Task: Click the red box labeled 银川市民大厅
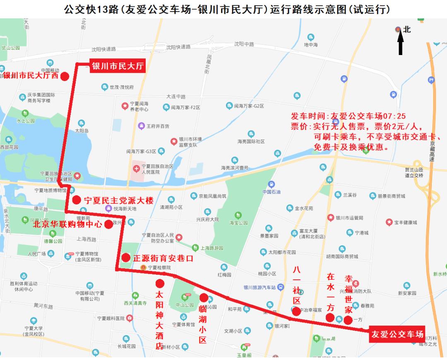tap(118, 66)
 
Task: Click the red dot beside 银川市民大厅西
tap(65, 76)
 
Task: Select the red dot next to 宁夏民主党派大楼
tap(77, 200)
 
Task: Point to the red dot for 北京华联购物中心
tap(108, 224)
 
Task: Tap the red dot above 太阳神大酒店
tap(160, 283)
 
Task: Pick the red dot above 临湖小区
tap(204, 298)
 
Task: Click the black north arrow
tap(401, 43)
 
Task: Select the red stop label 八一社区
tap(296, 286)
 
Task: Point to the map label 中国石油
tap(272, 192)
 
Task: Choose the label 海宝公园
tap(238, 223)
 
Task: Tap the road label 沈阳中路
tap(244, 44)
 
